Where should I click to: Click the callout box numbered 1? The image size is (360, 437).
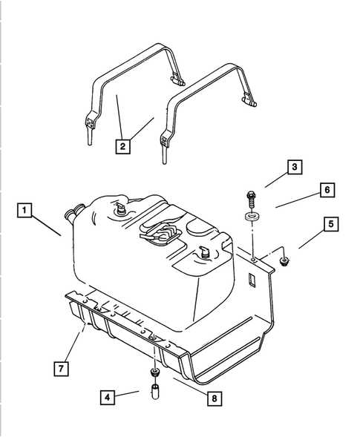pos(26,211)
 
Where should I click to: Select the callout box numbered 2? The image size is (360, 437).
pos(122,145)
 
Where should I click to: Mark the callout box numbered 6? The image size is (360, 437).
pos(325,191)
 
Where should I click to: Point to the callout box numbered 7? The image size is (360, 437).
pos(64,367)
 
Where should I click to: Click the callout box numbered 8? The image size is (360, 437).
pos(214,398)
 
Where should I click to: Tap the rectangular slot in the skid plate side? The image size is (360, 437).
pos(252,280)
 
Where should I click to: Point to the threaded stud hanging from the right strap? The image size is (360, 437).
pos(163,155)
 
